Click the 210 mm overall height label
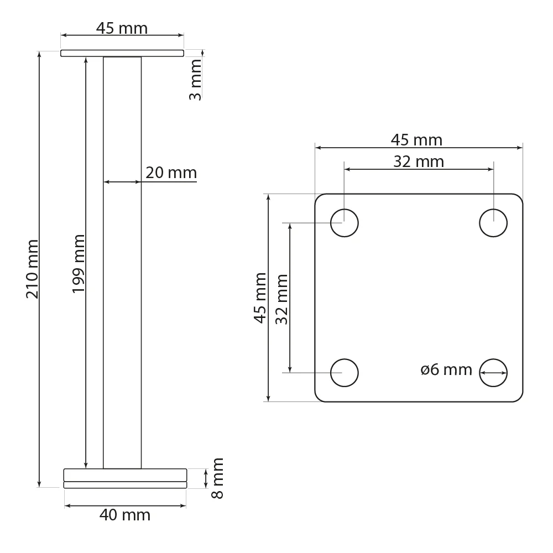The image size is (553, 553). [x=32, y=269]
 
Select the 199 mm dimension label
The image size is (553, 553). [x=79, y=264]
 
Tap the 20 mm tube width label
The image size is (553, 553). [x=171, y=173]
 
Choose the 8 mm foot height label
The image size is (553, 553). [x=218, y=478]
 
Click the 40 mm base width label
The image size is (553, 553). [x=125, y=515]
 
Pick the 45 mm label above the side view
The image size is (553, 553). [x=122, y=28]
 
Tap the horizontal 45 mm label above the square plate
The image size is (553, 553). [x=417, y=140]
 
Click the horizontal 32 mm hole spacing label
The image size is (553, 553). [x=419, y=161]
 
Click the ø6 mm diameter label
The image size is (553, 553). [x=446, y=370]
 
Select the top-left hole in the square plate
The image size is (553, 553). [x=345, y=223]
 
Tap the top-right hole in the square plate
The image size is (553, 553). [x=493, y=223]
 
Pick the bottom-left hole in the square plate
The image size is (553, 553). [x=345, y=372]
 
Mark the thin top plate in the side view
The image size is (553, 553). [x=122, y=53]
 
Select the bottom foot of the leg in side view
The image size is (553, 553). [x=125, y=478]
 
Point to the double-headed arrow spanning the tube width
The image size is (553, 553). [x=122, y=181]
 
